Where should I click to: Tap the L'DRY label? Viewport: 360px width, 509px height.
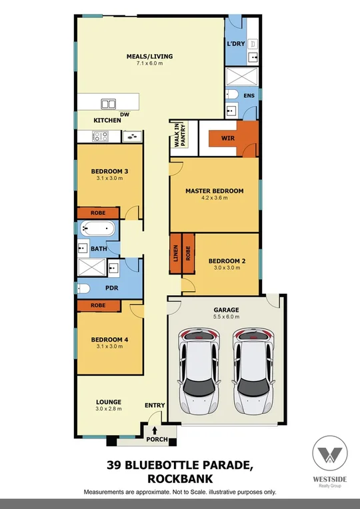(235, 44)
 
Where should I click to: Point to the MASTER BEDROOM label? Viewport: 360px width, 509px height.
(214, 191)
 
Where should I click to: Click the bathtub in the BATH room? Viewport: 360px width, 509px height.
(97, 231)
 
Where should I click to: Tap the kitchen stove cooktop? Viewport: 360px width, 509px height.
(99, 137)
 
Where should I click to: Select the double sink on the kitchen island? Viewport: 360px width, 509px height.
(109, 103)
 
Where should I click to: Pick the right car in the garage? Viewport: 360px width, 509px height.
(254, 369)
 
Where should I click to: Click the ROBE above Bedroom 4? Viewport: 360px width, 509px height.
(99, 305)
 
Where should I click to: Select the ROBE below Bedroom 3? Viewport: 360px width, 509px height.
(99, 213)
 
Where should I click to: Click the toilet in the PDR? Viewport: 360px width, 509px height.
(83, 288)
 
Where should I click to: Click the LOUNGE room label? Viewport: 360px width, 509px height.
(108, 402)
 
